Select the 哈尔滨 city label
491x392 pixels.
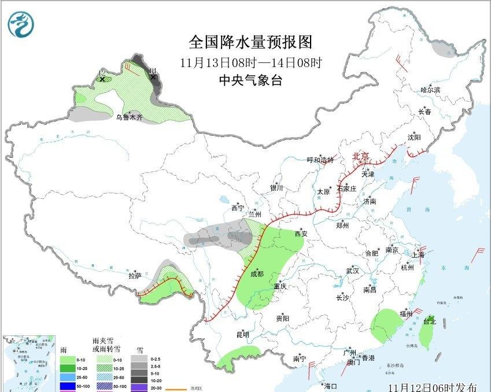(x=430, y=90)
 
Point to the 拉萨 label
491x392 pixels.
(x=135, y=276)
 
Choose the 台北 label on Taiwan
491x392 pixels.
(x=430, y=321)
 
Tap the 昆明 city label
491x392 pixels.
(x=243, y=335)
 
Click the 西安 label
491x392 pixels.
(x=301, y=234)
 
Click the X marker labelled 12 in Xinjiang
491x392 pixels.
(x=102, y=79)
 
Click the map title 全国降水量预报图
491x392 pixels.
(x=250, y=42)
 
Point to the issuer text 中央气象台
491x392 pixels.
(x=250, y=81)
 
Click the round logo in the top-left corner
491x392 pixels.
(x=21, y=24)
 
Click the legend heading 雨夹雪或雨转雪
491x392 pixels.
(x=106, y=345)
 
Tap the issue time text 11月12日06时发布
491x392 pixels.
(x=433, y=387)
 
